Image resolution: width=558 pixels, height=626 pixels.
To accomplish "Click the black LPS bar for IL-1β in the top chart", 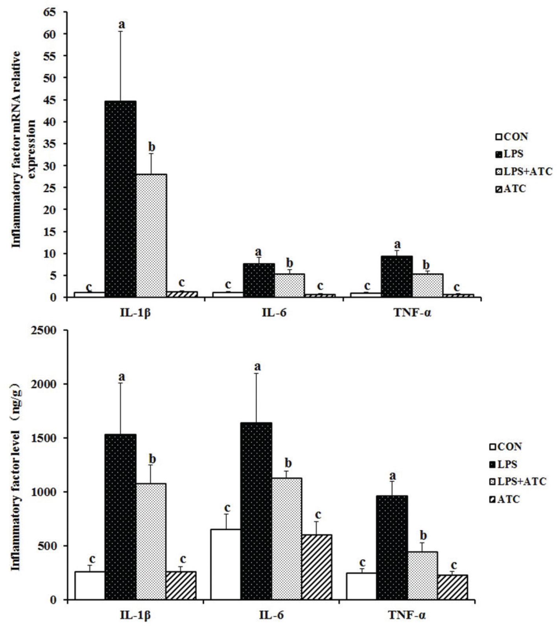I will click(120, 198).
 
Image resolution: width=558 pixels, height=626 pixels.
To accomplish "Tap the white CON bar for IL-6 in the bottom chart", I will click(225, 564).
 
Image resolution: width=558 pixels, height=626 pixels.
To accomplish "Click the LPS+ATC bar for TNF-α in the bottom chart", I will click(423, 575).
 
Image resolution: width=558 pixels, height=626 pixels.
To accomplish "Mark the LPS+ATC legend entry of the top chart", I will click(523, 171).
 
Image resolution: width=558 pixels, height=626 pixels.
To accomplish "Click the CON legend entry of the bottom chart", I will click(505, 447).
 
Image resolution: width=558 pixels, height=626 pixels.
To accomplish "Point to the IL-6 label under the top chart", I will click(274, 313).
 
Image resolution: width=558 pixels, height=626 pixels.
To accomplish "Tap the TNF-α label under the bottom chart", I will click(407, 615).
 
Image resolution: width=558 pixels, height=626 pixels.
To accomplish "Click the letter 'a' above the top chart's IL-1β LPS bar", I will click(122, 25).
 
